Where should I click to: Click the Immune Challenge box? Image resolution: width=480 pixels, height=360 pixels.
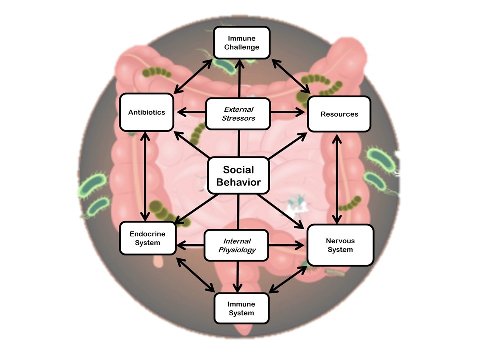point(242,42)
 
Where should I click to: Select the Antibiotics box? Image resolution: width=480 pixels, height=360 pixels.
point(146,112)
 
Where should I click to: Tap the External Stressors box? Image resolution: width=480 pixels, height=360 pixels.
point(239,114)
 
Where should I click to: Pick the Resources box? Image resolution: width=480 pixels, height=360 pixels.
point(339,114)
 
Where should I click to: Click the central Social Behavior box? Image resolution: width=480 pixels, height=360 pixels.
point(238,176)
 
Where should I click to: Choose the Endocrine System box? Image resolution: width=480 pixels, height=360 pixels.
point(147,238)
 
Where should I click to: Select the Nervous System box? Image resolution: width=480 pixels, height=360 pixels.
point(340,245)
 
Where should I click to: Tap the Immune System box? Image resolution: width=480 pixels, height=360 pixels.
point(241,308)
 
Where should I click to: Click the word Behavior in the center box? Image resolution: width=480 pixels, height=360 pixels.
point(238,182)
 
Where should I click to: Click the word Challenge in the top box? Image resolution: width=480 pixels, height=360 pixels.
point(242,48)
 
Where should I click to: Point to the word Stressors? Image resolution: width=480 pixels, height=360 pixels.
point(239,119)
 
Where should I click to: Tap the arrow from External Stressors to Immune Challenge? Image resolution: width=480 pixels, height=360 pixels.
point(240,77)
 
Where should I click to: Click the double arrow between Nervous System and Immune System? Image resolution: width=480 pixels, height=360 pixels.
point(287,279)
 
